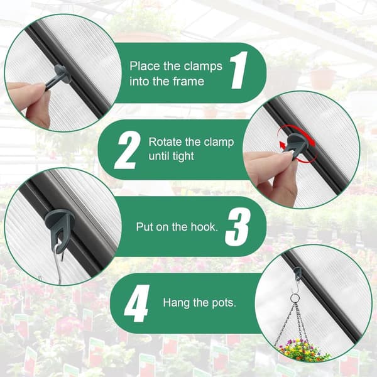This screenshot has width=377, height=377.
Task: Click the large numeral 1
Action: coord(239,70)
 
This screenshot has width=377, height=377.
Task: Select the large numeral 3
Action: coord(238,227)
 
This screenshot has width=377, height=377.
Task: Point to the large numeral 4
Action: coord(136,303)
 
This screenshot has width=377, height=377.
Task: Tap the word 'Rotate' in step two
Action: coord(165,142)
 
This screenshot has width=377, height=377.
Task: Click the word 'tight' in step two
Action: coord(183,156)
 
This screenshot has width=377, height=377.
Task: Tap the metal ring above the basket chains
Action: coord(295,299)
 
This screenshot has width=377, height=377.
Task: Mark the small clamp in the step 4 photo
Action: coord(298,273)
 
